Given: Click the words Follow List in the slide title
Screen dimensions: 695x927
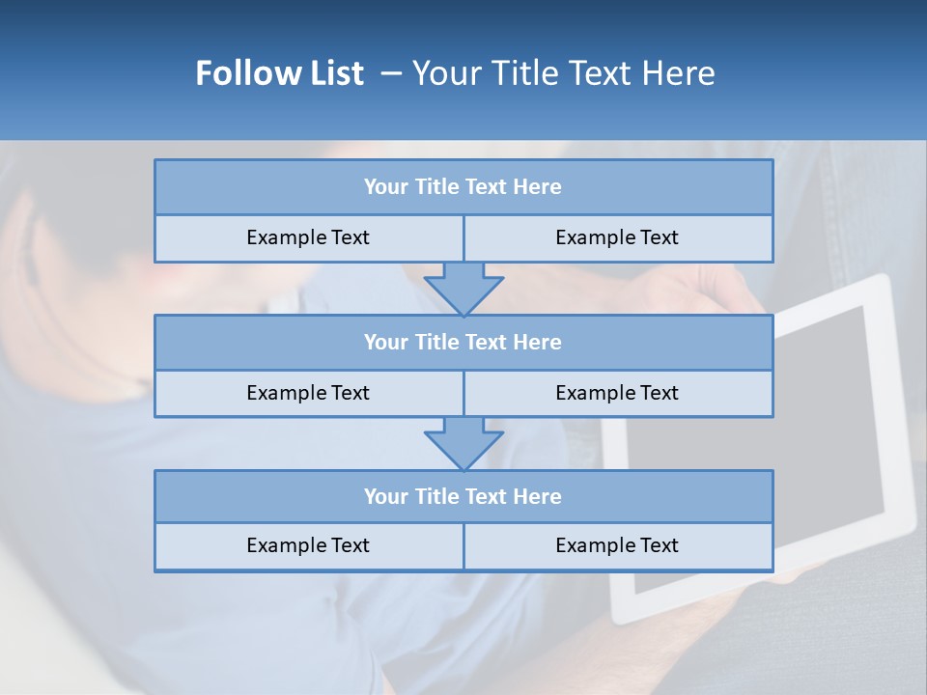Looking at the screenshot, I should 279,73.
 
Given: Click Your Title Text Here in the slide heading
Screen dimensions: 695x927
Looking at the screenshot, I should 563,73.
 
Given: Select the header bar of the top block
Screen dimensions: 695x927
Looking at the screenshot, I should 463,187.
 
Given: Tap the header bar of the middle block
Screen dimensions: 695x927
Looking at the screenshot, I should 463,343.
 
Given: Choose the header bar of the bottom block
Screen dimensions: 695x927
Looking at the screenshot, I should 463,497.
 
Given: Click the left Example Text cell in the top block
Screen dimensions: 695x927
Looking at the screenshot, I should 308,237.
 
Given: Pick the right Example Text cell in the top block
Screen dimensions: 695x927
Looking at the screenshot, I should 617,237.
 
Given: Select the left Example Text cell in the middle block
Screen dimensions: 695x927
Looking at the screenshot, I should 308,393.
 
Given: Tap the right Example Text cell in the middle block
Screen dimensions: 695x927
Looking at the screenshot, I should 617,393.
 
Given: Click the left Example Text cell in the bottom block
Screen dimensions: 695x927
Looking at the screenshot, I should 308,545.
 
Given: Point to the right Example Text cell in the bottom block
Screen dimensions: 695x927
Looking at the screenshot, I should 617,545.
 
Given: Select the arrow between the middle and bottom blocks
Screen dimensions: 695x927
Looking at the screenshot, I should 463,443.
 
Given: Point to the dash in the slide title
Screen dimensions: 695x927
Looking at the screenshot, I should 390,73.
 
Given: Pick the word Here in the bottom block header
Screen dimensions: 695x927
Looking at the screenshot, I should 539,497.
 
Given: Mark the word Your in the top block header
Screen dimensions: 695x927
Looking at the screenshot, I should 386,187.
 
